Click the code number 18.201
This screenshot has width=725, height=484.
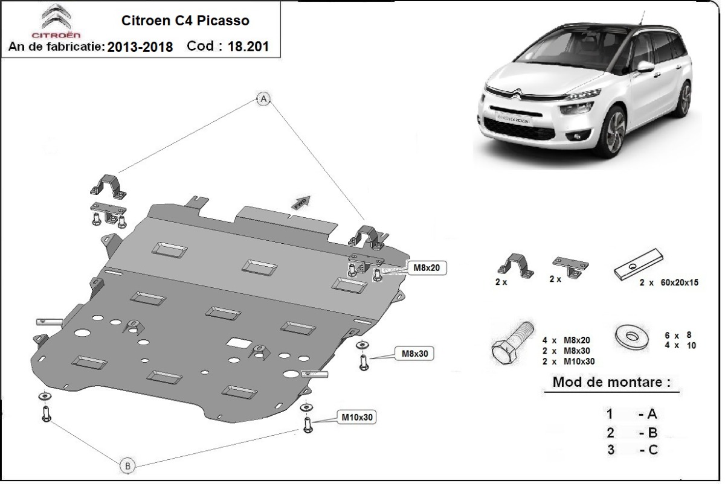[x=248, y=46]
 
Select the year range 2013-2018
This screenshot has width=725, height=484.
[x=140, y=47]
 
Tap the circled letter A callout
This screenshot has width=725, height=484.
[x=263, y=100]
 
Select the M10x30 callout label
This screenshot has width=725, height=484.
[x=357, y=417]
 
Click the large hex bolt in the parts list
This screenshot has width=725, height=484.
[x=511, y=345]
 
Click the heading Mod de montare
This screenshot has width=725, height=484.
[x=611, y=382]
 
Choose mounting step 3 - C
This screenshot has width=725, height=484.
[x=632, y=449]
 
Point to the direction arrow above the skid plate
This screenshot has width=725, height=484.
[x=302, y=202]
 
